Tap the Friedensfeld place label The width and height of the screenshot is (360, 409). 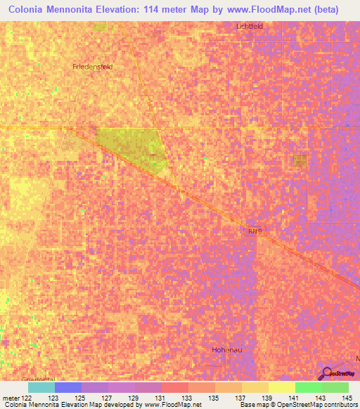93,67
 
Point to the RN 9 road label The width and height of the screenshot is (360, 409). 254,230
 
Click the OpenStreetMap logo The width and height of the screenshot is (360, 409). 335,373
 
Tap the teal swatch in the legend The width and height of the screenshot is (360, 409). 41,387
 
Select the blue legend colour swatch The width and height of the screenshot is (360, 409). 68,387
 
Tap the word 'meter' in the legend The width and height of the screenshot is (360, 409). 10,398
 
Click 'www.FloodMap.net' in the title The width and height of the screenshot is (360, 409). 271,10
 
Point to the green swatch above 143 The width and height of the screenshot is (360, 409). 309,387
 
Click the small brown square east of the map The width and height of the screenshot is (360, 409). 300,161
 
